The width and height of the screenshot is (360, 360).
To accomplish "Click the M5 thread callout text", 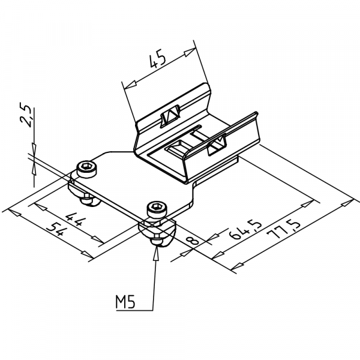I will pyautogui.click(x=125, y=301).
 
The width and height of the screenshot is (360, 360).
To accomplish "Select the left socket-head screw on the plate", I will pyautogui.click(x=87, y=168).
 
